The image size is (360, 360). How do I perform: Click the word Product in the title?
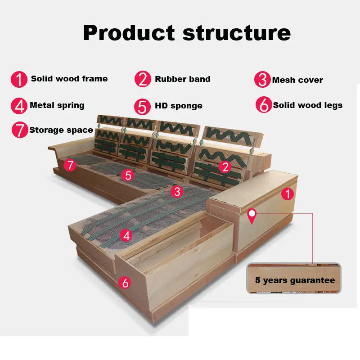pos(129,33)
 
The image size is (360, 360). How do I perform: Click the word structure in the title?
pos(237,33)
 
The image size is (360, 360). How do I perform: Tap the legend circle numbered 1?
pos(19,80)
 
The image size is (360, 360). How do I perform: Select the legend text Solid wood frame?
pos(69,78)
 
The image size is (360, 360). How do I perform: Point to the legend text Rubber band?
pos(183,79)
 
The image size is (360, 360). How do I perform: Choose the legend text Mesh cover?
pos(297,80)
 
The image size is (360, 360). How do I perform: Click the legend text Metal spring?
pos(57,105)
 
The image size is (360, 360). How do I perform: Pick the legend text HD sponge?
pos(179,106)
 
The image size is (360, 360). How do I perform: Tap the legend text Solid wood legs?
pos(308,105)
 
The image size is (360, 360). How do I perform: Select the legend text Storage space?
pos(61,130)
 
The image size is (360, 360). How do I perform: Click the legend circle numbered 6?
pos(264,105)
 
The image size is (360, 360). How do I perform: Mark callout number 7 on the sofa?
pos(70,165)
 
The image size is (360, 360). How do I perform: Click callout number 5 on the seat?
pos(128,175)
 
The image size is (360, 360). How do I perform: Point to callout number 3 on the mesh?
pos(177,192)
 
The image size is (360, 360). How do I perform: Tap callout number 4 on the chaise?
pos(126,235)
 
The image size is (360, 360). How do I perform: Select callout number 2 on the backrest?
pos(225,167)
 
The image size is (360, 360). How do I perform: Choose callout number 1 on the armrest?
pos(288,194)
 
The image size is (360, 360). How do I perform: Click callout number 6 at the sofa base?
pos(125,283)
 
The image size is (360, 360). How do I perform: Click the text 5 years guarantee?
pos(295,280)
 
